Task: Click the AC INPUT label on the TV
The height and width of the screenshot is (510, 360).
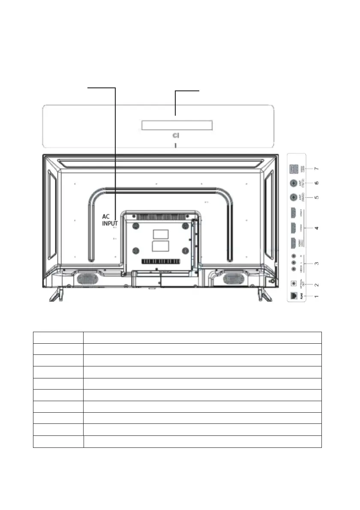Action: (x=110, y=220)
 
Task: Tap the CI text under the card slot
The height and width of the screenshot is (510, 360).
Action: (x=176, y=135)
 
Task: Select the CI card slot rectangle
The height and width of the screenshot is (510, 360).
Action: (x=177, y=125)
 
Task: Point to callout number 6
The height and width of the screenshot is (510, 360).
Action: (x=316, y=183)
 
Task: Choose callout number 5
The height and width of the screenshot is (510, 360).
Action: (x=316, y=198)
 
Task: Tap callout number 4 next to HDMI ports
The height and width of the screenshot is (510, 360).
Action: (x=316, y=228)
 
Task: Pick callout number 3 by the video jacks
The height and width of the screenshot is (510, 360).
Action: (x=316, y=262)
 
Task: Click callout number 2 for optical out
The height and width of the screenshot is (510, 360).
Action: (x=316, y=284)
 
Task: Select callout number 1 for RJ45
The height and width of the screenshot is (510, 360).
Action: (x=316, y=296)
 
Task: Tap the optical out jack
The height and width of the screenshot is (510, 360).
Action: (x=294, y=283)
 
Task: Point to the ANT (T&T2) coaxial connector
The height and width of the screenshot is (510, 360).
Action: (x=294, y=183)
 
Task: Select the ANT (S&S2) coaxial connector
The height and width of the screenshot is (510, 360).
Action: (x=294, y=198)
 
